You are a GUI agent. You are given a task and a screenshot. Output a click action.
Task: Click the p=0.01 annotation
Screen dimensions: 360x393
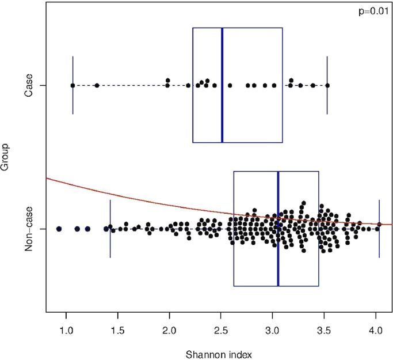tap(373, 12)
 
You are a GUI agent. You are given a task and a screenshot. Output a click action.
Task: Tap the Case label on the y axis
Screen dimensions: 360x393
tap(28, 85)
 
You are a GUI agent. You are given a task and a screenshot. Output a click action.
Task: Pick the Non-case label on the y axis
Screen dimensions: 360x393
tap(28, 229)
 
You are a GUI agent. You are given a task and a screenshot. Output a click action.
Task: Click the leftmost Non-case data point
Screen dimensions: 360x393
tap(59, 229)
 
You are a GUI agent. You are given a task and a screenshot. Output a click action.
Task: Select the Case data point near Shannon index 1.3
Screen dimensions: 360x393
tap(97, 85)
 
